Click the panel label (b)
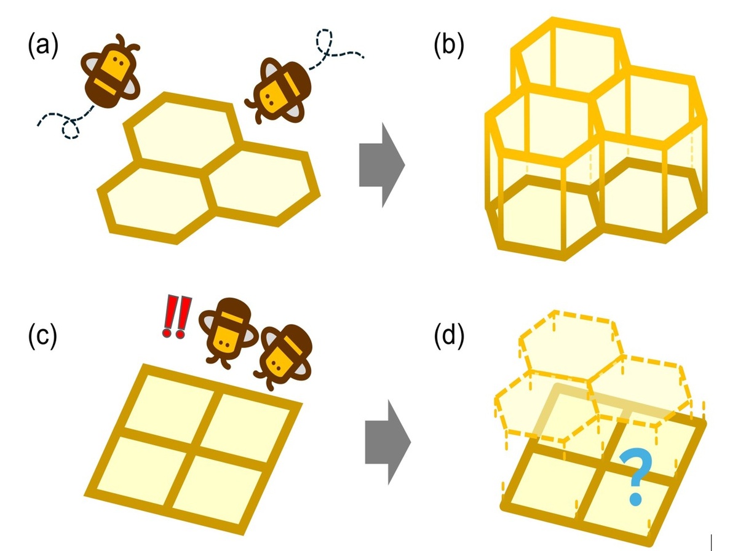click(449, 47)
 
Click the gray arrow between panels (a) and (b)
click(381, 165)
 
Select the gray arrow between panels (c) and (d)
click(387, 442)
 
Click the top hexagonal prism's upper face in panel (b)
click(569, 55)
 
